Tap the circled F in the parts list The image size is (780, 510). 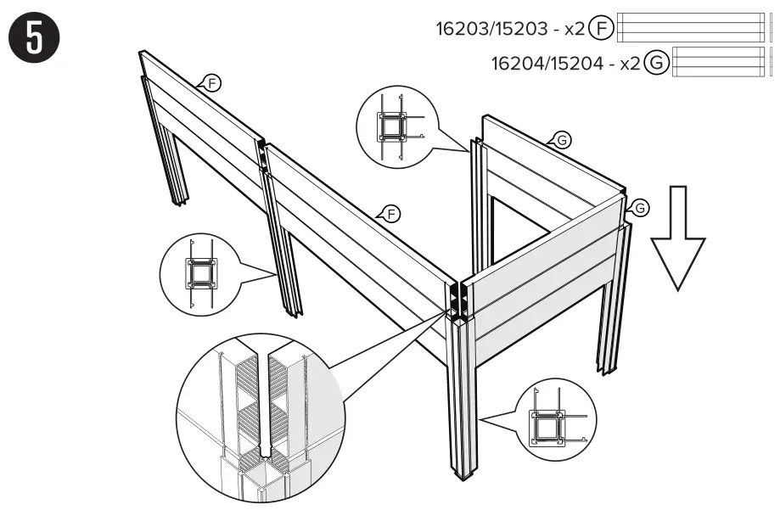(x=601, y=28)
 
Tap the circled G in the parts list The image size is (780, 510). (x=656, y=63)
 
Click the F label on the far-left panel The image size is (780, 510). (x=213, y=82)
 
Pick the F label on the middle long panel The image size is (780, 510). (x=390, y=213)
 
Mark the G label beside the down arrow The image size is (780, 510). (x=639, y=206)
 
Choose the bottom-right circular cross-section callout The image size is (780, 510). (x=556, y=420)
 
